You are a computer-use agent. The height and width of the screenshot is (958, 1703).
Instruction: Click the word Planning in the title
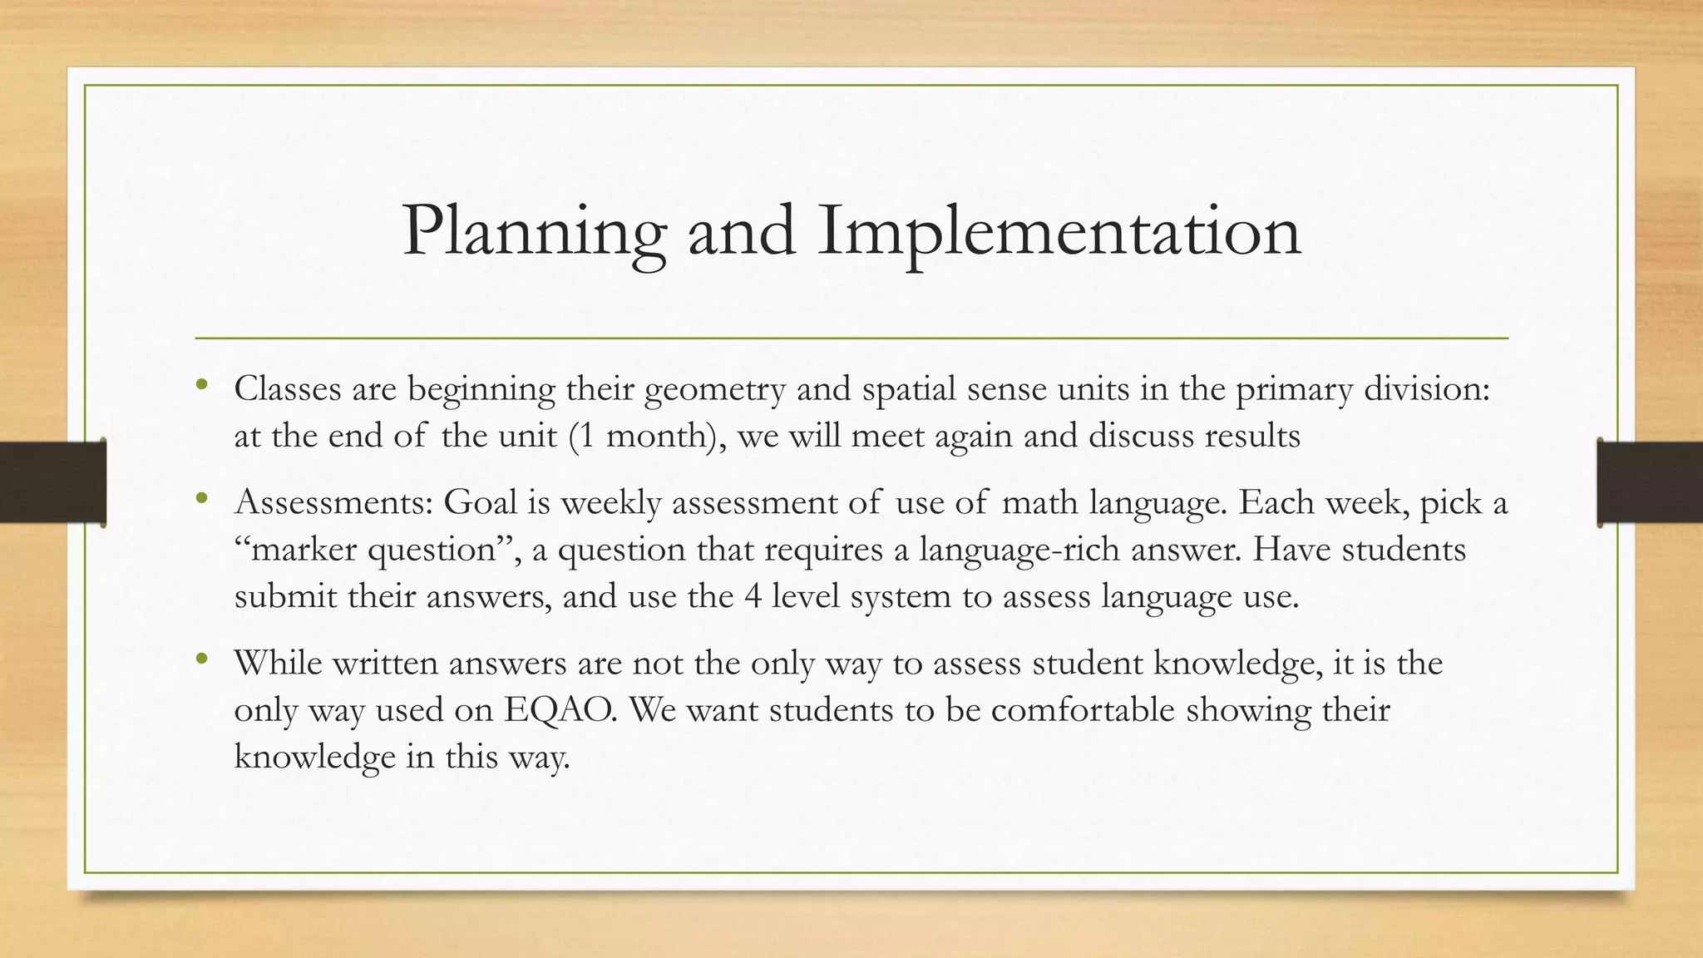pyautogui.click(x=533, y=231)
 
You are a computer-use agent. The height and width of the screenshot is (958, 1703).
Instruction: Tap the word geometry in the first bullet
pyautogui.click(x=713, y=388)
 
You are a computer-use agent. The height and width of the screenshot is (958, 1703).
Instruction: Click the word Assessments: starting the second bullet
pyautogui.click(x=333, y=502)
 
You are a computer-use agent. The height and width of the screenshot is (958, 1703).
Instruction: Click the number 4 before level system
pyautogui.click(x=752, y=596)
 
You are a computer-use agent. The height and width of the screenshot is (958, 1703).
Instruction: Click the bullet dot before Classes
pyautogui.click(x=201, y=385)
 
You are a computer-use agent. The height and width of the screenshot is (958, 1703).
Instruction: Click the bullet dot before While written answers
pyautogui.click(x=201, y=660)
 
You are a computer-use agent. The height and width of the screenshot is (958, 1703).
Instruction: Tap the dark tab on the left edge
pyautogui.click(x=52, y=482)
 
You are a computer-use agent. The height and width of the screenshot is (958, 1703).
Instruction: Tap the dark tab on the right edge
pyautogui.click(x=1650, y=482)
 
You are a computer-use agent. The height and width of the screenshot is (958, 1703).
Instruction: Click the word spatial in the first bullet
pyautogui.click(x=909, y=388)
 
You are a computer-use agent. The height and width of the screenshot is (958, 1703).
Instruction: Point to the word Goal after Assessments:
pyautogui.click(x=480, y=502)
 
